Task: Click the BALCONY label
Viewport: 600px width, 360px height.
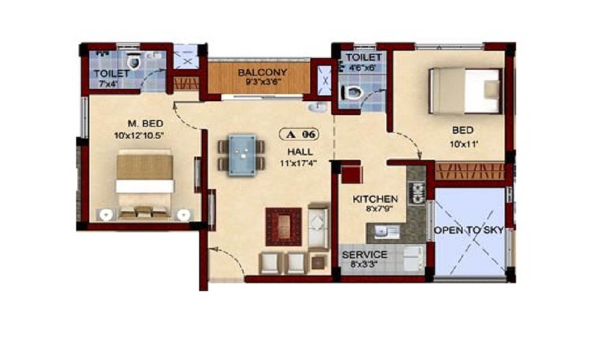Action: click(x=262, y=73)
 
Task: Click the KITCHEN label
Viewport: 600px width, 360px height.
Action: click(x=375, y=199)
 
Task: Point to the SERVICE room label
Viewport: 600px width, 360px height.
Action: click(x=364, y=254)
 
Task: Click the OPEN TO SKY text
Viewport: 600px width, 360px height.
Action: click(x=468, y=230)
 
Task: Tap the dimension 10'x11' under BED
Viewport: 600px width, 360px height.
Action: click(x=462, y=145)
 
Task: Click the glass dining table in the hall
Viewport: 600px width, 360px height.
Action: click(x=240, y=155)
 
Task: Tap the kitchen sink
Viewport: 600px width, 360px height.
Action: click(x=381, y=232)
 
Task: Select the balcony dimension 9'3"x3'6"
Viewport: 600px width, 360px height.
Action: click(x=262, y=83)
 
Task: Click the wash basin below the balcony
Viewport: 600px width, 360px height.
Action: click(x=316, y=108)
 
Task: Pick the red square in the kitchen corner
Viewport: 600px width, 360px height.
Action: click(x=351, y=174)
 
